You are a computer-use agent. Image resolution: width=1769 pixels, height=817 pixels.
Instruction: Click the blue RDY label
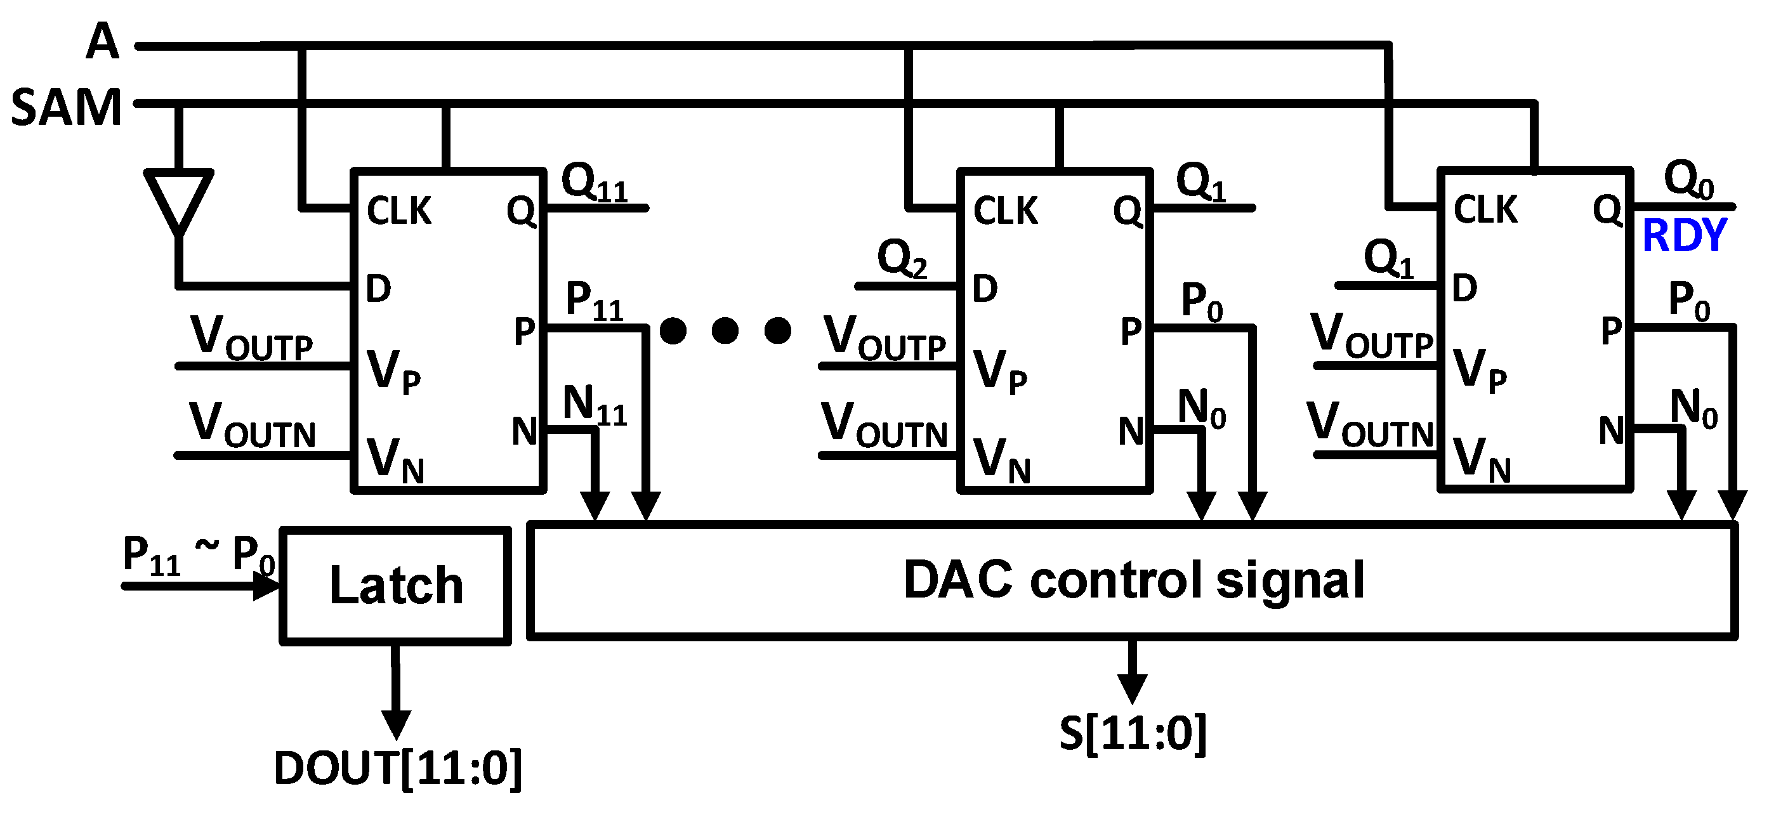(1684, 235)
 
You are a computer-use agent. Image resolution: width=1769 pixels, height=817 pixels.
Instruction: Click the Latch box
(395, 585)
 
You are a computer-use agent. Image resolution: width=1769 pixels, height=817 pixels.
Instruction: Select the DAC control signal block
(1133, 581)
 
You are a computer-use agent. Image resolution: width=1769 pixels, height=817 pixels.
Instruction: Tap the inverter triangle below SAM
(178, 200)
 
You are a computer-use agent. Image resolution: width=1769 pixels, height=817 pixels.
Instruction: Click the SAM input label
(67, 108)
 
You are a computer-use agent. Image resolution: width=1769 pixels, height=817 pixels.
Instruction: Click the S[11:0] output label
(1133, 733)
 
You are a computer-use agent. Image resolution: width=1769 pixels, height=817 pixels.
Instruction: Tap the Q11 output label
(595, 183)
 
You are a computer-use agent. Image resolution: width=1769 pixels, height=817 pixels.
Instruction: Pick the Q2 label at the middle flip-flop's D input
(902, 259)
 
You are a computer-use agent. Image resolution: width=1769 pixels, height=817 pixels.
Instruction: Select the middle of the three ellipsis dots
(725, 330)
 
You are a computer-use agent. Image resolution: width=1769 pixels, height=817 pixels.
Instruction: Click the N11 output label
(595, 405)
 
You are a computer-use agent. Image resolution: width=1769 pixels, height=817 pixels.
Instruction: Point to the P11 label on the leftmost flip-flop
(595, 301)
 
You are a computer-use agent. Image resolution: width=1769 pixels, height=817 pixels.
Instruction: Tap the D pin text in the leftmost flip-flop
(378, 289)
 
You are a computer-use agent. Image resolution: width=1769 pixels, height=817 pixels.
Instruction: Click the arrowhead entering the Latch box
(266, 586)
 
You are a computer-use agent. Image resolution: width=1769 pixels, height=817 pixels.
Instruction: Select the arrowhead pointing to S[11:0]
(1133, 688)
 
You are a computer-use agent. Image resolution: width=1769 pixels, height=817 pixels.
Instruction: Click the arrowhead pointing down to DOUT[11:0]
(396, 724)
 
